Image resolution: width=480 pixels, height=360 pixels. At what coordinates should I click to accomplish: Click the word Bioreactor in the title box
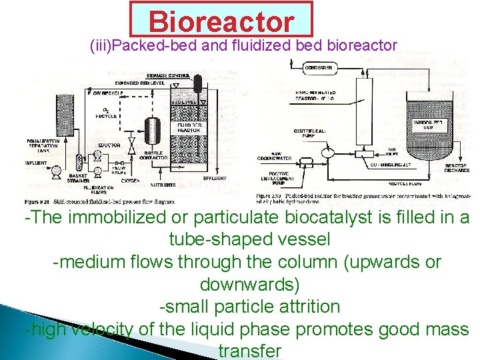click(221, 21)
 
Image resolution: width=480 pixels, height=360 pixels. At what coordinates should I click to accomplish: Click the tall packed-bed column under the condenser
click(364, 110)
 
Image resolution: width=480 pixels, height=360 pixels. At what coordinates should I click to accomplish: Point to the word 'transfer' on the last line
click(249, 351)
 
